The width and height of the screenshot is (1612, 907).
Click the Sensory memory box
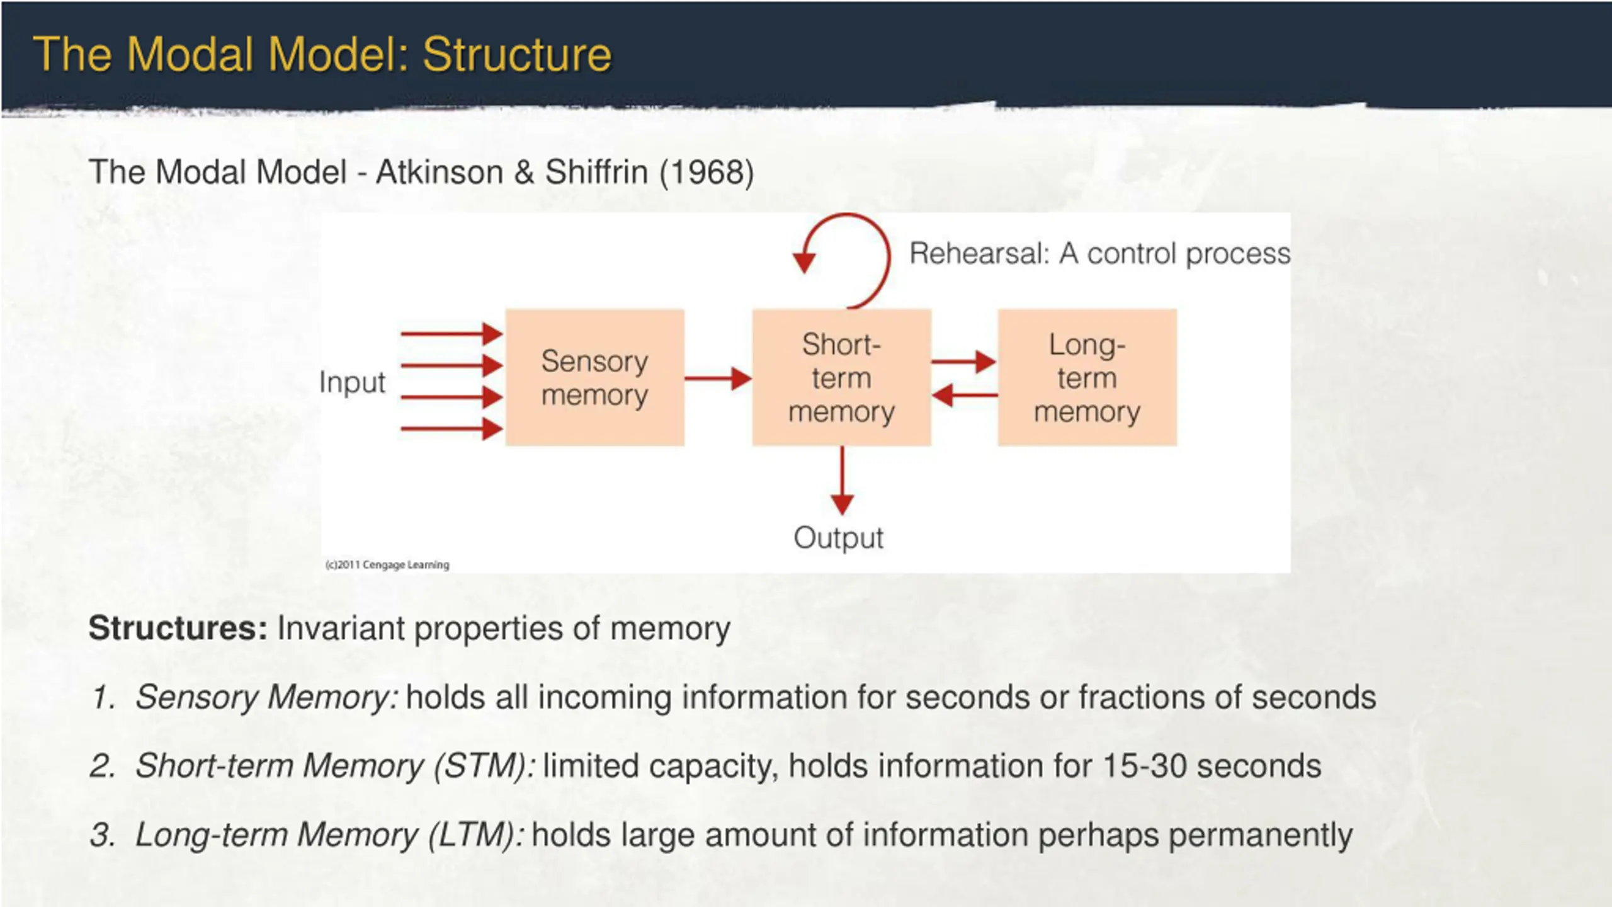pyautogui.click(x=594, y=378)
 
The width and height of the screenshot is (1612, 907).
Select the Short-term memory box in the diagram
pyautogui.click(x=841, y=378)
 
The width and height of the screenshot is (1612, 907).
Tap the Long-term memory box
pyautogui.click(x=1087, y=378)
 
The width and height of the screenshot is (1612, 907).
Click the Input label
pyautogui.click(x=352, y=382)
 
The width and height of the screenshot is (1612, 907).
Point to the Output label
pyautogui.click(x=838, y=538)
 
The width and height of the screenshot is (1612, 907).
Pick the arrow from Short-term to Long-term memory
pyautogui.click(x=963, y=362)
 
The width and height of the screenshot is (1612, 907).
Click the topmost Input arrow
pyautogui.click(x=451, y=333)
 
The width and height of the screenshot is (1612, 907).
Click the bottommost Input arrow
pyautogui.click(x=451, y=429)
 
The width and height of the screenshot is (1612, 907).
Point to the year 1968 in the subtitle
pyautogui.click(x=707, y=172)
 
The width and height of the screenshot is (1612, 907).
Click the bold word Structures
pyautogui.click(x=178, y=628)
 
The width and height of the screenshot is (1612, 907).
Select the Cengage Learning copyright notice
pyautogui.click(x=387, y=564)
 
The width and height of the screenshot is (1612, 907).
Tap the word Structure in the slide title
pyautogui.click(x=517, y=55)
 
